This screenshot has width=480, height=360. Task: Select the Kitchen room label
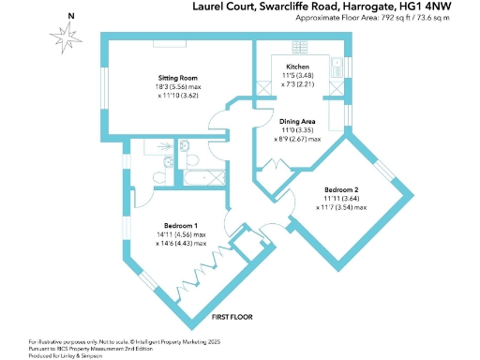tap(297, 67)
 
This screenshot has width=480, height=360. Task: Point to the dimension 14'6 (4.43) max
tap(182, 244)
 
